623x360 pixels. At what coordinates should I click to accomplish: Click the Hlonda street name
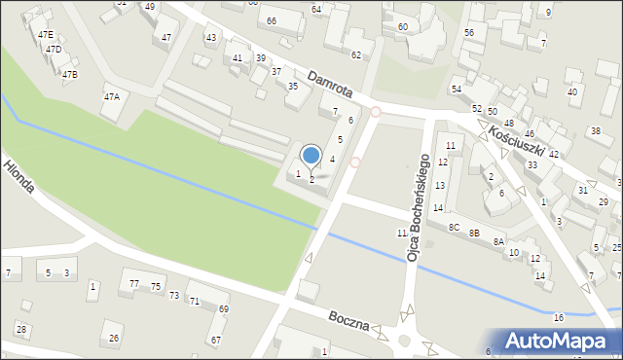18,177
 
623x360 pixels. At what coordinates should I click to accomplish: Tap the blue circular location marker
311,156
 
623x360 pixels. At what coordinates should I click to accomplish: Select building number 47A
112,96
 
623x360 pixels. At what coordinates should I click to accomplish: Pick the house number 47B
69,74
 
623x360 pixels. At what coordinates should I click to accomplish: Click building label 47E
46,34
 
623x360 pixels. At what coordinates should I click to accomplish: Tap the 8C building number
454,227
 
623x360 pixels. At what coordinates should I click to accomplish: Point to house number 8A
498,241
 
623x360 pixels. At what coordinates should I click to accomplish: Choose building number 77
134,283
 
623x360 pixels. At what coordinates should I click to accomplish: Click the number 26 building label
115,338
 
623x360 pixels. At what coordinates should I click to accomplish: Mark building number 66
271,20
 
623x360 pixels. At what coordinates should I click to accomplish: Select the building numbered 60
403,26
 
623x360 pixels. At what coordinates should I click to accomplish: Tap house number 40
572,91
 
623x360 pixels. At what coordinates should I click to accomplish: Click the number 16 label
558,318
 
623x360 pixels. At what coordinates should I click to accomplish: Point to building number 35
292,86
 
